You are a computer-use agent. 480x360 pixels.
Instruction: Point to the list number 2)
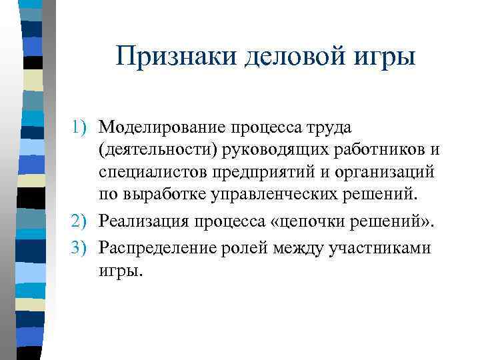82,221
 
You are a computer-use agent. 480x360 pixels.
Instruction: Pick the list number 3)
82,248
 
